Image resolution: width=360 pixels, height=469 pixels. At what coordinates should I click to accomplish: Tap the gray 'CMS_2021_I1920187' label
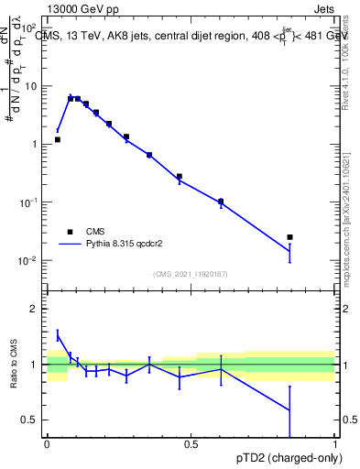190,274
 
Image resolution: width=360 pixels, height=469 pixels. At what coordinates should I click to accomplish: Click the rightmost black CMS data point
315,237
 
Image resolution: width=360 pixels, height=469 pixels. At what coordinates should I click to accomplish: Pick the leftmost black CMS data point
58,140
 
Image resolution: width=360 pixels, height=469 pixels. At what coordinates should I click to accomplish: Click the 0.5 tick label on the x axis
191,443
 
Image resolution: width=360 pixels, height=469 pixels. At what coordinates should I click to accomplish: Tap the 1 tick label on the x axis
334,443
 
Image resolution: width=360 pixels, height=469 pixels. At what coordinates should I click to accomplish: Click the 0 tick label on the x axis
47,443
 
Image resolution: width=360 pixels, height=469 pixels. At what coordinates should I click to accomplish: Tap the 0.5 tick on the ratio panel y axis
33,420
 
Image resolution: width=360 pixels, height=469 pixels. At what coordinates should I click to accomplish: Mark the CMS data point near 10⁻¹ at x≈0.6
220,202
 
